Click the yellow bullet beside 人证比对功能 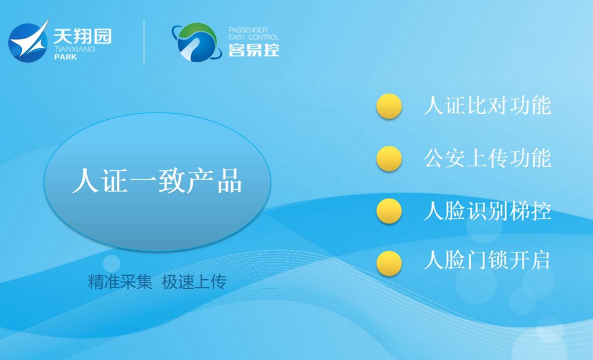pos(389,106)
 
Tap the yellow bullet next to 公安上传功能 pos(389,158)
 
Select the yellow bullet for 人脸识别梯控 pos(389,211)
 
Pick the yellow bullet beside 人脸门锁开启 pos(389,263)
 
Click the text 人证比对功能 pos(487,105)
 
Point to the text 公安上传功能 pos(487,158)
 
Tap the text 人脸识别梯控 pos(487,211)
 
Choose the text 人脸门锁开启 pos(486,260)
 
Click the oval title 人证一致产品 pos(157,181)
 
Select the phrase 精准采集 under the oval pos(120,282)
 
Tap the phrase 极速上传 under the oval pos(194,282)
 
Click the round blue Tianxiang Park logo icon pos(28,41)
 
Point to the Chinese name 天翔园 pos(82,36)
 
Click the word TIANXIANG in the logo pos(75,49)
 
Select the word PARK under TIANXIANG pos(65,57)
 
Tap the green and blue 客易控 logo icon pos(197,42)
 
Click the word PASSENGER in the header pos(248,30)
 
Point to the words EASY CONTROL pos(253,37)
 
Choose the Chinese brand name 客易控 pos(254,50)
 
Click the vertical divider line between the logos pos(144,42)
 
